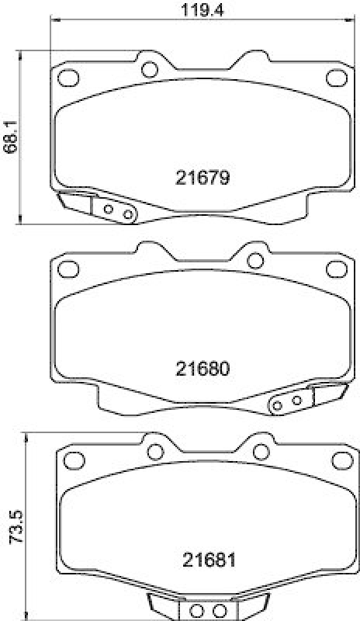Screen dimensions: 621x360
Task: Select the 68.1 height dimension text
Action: (x=9, y=137)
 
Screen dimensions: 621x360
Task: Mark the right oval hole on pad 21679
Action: (x=335, y=77)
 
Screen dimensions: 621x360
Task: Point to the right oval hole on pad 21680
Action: (x=335, y=269)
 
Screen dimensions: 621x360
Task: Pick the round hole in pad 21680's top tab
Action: (x=254, y=259)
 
